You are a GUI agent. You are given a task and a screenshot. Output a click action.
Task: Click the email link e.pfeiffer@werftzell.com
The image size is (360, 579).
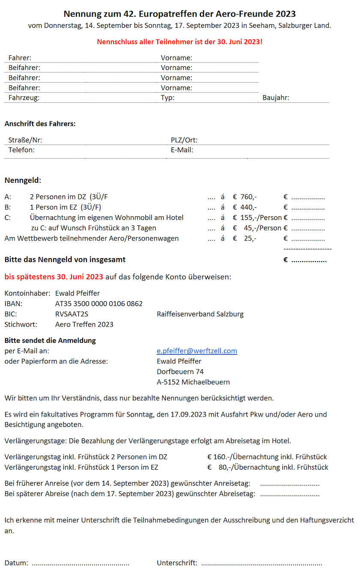coord(197,351)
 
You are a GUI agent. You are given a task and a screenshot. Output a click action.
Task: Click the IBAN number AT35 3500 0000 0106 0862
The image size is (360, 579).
coord(99,304)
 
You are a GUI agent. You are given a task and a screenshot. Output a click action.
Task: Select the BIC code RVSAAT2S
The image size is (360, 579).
coord(72,314)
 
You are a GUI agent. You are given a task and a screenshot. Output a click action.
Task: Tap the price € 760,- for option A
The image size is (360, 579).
coord(245,197)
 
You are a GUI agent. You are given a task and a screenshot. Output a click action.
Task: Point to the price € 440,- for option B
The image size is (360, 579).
coord(245,207)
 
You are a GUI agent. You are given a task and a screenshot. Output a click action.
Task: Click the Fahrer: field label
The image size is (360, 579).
coord(20,58)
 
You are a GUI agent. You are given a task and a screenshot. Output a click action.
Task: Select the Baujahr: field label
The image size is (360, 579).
coord(276,98)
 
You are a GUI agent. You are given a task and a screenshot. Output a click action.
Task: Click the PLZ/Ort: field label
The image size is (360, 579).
coord(184,140)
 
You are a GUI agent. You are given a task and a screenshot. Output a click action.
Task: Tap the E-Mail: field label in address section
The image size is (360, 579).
coord(182,150)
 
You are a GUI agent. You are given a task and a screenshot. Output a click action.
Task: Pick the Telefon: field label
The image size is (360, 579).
coord(21,150)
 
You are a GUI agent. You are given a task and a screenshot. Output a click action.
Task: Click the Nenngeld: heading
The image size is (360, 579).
coord(23,180)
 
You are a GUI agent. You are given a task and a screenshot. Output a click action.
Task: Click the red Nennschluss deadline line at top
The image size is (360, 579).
coord(180,42)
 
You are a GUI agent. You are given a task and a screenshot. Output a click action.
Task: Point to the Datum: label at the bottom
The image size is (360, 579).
coord(16,563)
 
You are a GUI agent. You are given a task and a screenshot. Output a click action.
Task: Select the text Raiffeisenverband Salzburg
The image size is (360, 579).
coord(200,314)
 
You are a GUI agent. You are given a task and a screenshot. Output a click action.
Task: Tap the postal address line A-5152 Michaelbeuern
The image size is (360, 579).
coord(193,382)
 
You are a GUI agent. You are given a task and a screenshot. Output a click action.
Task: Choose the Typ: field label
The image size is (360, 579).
coord(168,98)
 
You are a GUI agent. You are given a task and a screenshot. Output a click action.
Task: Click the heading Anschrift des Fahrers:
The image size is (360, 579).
coord(40,124)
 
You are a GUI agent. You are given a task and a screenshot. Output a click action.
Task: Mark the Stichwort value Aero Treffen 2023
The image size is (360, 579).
coord(84,324)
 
